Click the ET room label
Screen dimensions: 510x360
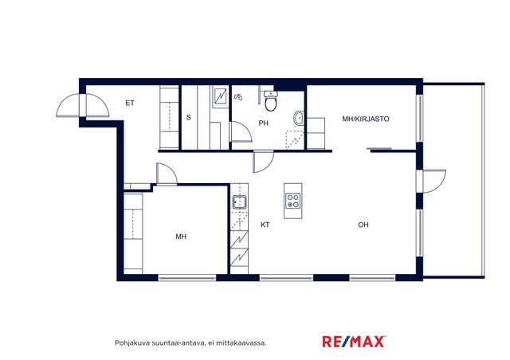click(130, 103)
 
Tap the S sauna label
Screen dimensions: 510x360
click(189, 117)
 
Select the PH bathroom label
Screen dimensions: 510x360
click(264, 123)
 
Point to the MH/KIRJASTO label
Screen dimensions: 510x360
click(366, 119)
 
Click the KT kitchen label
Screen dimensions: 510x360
click(265, 225)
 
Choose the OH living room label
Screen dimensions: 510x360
click(363, 225)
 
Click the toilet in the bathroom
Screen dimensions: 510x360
click(271, 100)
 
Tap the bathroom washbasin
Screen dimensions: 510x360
click(299, 118)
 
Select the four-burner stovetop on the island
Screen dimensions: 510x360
click(292, 201)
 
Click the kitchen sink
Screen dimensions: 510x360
click(239, 202)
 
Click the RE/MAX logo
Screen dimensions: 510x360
click(354, 342)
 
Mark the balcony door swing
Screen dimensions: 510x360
click(433, 181)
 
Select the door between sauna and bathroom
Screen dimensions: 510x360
click(241, 131)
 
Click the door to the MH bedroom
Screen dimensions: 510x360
click(167, 174)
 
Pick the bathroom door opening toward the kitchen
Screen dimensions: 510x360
click(264, 162)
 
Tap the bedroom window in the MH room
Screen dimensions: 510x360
click(187, 278)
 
